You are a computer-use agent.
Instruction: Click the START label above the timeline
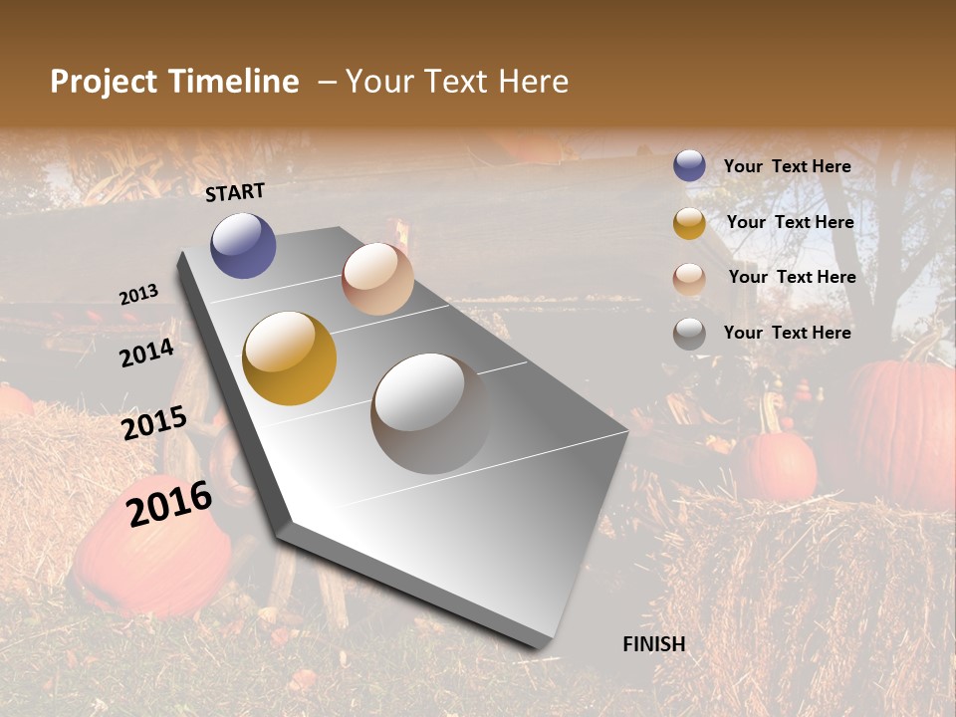[x=235, y=191]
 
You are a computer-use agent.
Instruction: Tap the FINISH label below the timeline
[x=654, y=643]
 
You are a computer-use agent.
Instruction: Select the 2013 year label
[x=139, y=295]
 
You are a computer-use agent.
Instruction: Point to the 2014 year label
[x=147, y=353]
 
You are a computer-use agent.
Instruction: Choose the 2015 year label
[x=154, y=423]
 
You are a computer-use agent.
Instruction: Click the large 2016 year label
[x=170, y=503]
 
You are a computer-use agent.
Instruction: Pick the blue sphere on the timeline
[x=243, y=245]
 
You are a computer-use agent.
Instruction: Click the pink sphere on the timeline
[x=377, y=279]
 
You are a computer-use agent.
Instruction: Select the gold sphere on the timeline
[x=289, y=358]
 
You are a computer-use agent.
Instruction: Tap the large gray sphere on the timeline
[x=430, y=413]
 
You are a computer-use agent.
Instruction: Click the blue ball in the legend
[x=689, y=166]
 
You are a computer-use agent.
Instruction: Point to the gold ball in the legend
[x=689, y=223]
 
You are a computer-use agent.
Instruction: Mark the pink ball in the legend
[x=689, y=279]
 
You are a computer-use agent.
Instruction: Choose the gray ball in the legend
[x=689, y=334]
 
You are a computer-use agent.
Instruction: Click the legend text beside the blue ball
[x=787, y=166]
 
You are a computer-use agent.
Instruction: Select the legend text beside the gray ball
[x=787, y=333]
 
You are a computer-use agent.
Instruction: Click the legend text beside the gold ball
[x=790, y=222]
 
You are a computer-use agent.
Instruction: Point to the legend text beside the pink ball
[x=792, y=277]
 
